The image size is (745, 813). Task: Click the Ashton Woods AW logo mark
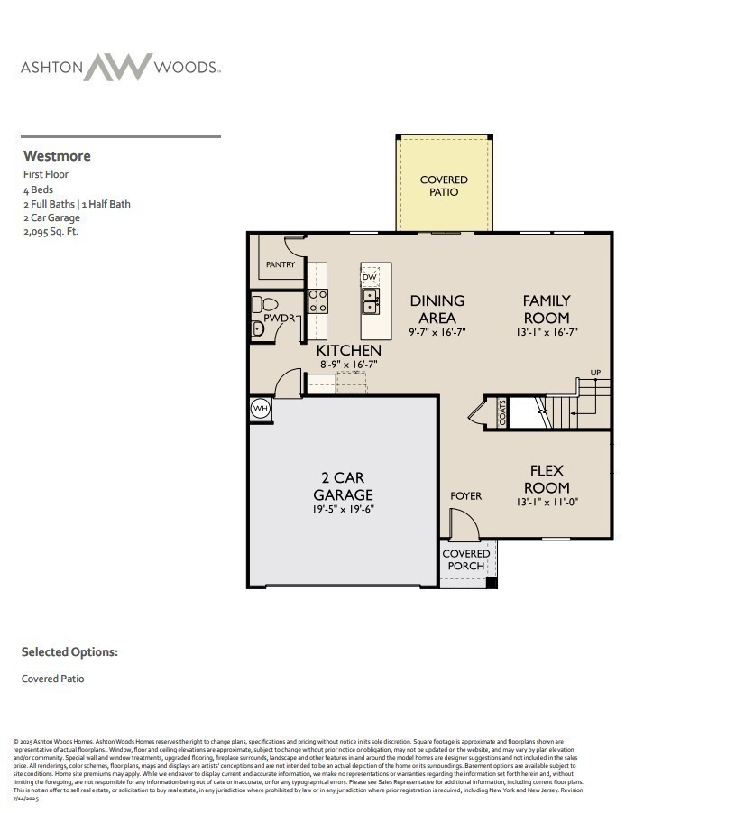pyautogui.click(x=118, y=68)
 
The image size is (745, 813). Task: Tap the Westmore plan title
pyautogui.click(x=57, y=156)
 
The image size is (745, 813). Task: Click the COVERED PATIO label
pyautogui.click(x=444, y=186)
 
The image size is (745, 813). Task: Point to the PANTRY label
pyautogui.click(x=281, y=264)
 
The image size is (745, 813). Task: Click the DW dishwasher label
pyautogui.click(x=370, y=277)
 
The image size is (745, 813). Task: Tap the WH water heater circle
pyautogui.click(x=261, y=409)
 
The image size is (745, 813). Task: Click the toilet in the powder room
pyautogui.click(x=259, y=304)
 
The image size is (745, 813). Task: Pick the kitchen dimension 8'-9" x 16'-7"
pyautogui.click(x=348, y=365)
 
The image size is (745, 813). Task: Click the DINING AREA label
pyautogui.click(x=437, y=309)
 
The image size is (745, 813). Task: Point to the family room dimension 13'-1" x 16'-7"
pyautogui.click(x=547, y=332)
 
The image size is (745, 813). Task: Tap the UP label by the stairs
pyautogui.click(x=595, y=373)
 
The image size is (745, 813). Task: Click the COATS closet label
pyautogui.click(x=502, y=413)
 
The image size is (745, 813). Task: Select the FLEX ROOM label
pyautogui.click(x=547, y=478)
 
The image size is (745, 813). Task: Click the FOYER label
pyautogui.click(x=465, y=495)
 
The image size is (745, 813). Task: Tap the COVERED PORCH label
pyautogui.click(x=466, y=559)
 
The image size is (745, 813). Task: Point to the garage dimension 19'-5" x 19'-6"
pyautogui.click(x=343, y=509)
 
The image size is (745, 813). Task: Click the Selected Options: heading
pyautogui.click(x=69, y=651)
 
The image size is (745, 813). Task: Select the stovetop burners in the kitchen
pyautogui.click(x=317, y=300)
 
